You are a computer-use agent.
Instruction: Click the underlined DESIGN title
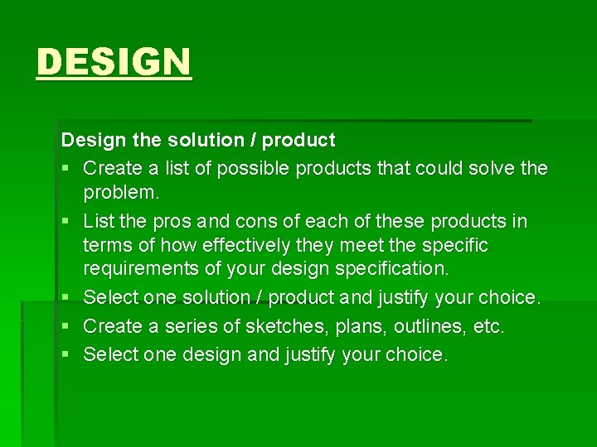pos(114,62)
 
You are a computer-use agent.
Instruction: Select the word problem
pos(119,194)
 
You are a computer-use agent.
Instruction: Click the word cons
pos(257,221)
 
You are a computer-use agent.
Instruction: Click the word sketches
pos(275,326)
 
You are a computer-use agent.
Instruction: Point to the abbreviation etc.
pos(488,326)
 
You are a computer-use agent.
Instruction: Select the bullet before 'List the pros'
pos(66,222)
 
